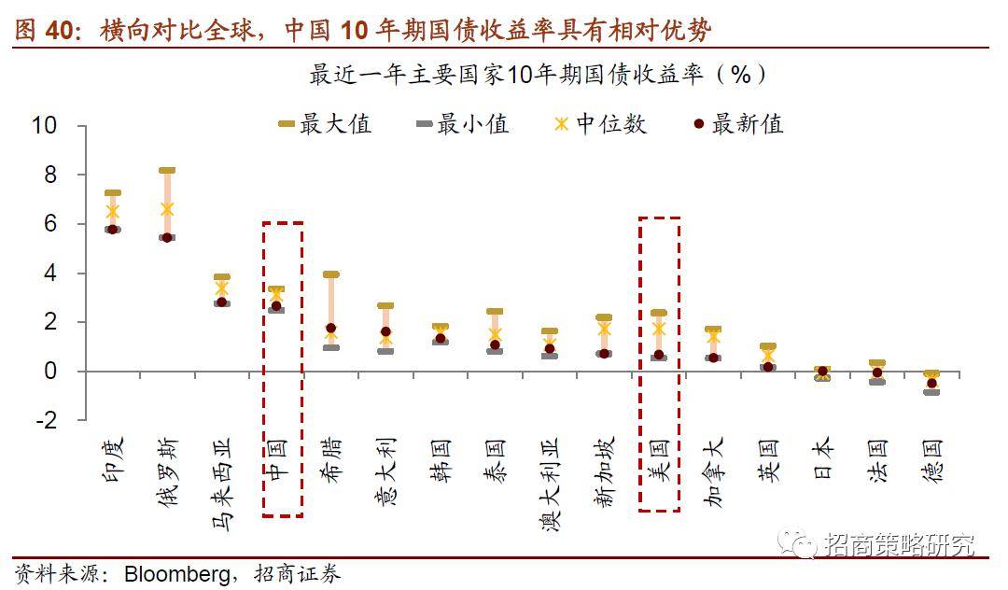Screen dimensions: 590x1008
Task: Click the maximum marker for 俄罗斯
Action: click(167, 171)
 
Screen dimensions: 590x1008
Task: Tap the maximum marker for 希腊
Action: click(330, 274)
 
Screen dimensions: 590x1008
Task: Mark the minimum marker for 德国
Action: click(931, 392)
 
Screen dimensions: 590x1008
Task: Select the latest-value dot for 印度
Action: click(113, 229)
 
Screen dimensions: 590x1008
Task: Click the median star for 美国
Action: click(659, 329)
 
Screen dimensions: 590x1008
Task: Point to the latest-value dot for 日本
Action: click(822, 372)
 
